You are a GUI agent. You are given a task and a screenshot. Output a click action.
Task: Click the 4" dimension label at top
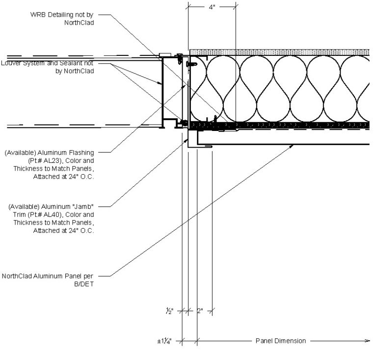(212, 7)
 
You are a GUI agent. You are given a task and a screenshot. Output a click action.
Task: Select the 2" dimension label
(200, 310)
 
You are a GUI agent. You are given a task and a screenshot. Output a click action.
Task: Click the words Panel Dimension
(280, 340)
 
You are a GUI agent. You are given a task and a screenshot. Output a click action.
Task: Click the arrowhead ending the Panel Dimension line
(368, 340)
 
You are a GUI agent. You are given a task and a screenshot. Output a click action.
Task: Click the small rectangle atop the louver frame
(164, 55)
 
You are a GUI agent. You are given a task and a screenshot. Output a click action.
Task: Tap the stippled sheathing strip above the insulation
(280, 52)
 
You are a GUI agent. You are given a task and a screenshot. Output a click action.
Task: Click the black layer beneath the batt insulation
(280, 126)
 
